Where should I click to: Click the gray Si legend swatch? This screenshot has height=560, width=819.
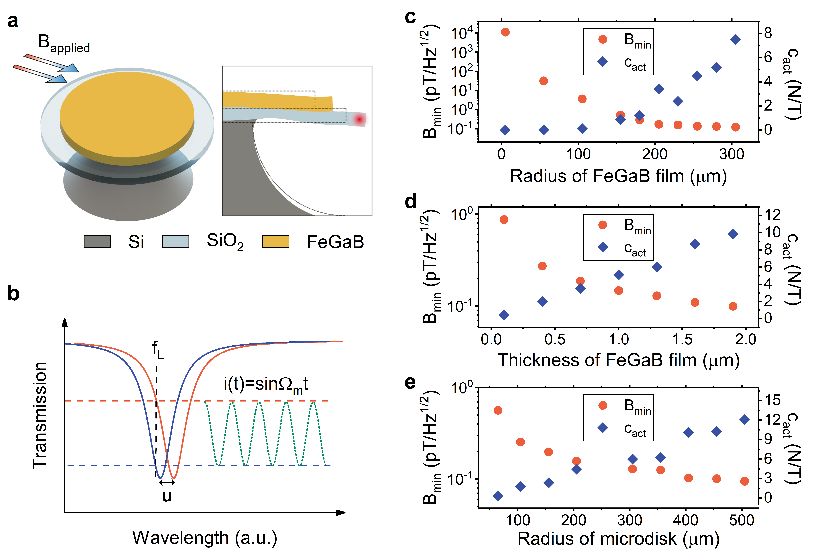click(97, 242)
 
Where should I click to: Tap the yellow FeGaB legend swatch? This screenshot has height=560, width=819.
click(276, 242)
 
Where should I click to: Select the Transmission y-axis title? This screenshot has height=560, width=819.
click(40, 416)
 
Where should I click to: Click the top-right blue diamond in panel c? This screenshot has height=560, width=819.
click(736, 39)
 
